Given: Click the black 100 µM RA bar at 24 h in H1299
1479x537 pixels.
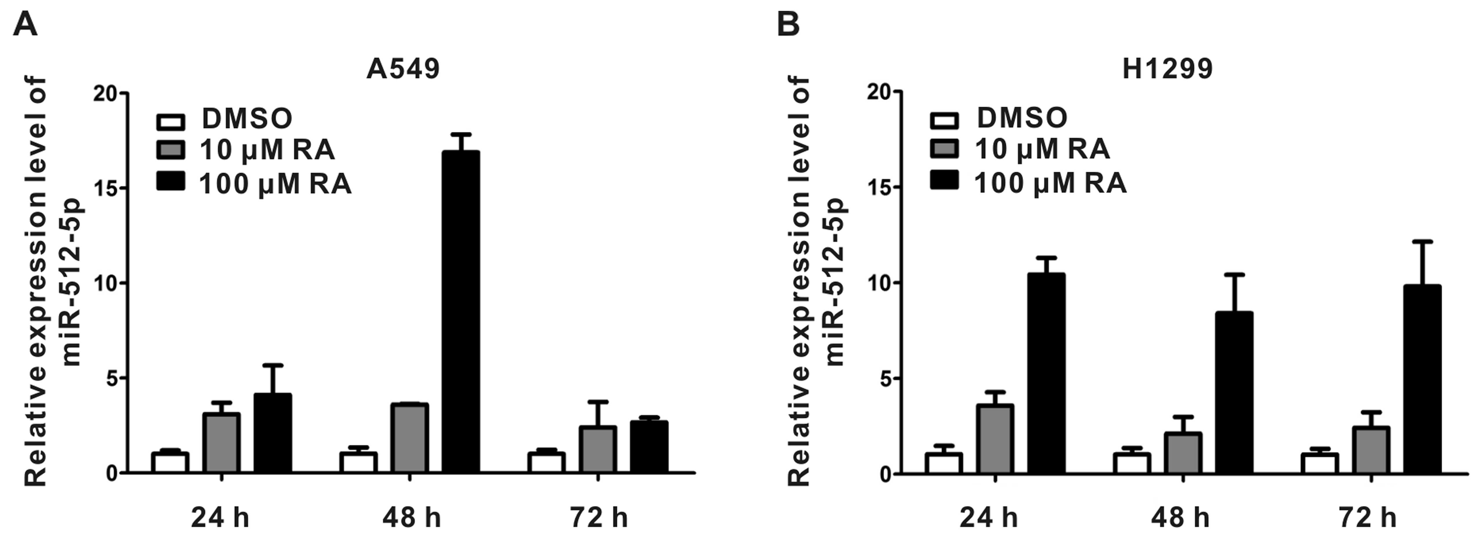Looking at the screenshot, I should click(x=1046, y=373).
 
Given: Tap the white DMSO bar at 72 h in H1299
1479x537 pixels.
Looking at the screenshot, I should click(x=1319, y=464).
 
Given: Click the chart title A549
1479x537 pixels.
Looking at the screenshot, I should click(x=403, y=69).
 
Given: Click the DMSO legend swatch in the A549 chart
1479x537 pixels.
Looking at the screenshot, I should click(x=171, y=122).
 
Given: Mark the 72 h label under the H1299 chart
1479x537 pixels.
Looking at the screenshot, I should click(x=1368, y=518).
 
